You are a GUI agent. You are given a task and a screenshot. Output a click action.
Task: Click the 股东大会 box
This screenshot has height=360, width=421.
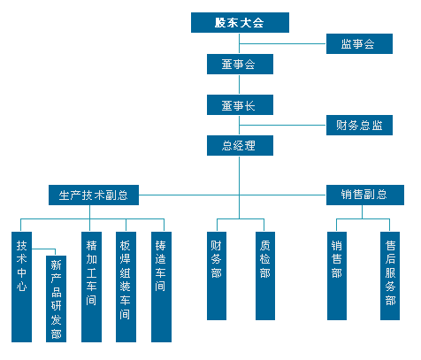[x=240, y=22]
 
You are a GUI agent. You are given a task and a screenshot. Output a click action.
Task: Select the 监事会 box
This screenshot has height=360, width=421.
[x=359, y=43]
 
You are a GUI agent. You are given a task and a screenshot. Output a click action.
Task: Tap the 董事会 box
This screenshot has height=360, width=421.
[x=240, y=64]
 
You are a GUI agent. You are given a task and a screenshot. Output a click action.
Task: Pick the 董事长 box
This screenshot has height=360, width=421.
[x=240, y=104]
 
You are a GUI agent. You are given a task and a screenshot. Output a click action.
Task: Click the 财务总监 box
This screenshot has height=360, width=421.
[x=359, y=125]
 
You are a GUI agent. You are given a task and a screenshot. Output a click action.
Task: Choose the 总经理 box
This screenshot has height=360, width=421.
[x=240, y=145]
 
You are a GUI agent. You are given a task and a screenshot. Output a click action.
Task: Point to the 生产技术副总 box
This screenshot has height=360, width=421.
[x=94, y=195]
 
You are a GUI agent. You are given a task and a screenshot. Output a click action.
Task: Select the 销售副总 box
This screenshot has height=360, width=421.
[x=365, y=195]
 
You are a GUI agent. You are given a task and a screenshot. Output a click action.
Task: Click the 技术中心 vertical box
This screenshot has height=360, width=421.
[x=21, y=287]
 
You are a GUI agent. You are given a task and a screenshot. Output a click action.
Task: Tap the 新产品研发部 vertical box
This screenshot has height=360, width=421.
[x=56, y=299]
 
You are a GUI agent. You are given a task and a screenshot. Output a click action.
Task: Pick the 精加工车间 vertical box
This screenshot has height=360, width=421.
[x=91, y=287]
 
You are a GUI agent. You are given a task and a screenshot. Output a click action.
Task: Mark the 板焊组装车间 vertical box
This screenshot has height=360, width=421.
[x=126, y=287]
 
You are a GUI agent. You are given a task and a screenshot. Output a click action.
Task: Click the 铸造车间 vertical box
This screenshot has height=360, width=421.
[x=161, y=287]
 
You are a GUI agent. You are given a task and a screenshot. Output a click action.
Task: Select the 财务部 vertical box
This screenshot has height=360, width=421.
[x=217, y=276]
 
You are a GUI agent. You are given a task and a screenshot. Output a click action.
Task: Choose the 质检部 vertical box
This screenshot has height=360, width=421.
[x=265, y=276]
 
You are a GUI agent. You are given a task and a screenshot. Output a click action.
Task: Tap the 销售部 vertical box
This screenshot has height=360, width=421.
[x=337, y=276]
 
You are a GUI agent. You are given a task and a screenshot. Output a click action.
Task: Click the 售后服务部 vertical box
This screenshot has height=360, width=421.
[x=390, y=276]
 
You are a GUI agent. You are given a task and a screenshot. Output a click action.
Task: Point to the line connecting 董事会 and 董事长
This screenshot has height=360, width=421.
[x=239, y=84]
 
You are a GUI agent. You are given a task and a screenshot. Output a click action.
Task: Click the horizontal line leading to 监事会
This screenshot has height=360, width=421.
[x=283, y=43]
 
